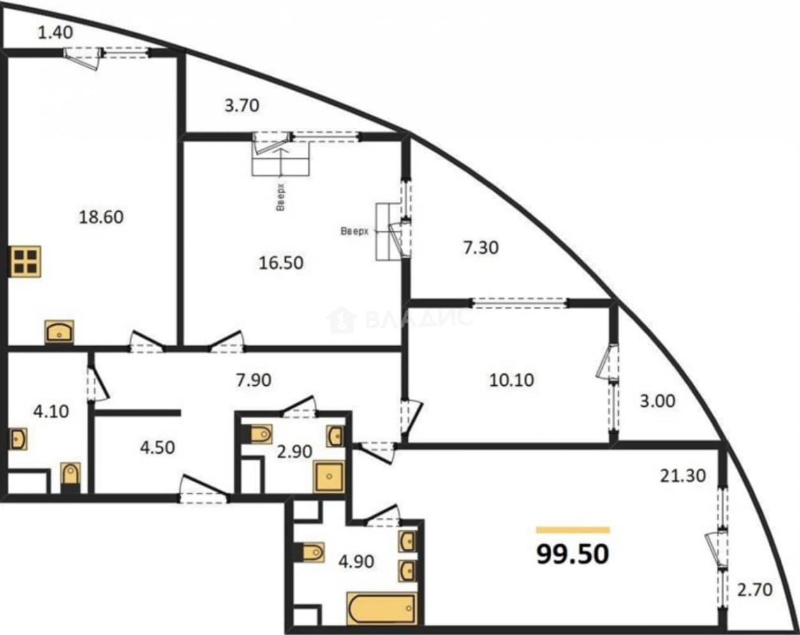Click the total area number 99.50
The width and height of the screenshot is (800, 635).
click(x=572, y=555)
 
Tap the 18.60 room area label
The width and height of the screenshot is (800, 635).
click(x=101, y=217)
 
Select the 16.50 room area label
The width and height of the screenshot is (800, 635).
click(x=281, y=263)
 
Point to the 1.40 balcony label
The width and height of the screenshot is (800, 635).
click(x=56, y=33)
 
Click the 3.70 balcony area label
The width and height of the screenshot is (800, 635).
click(x=242, y=106)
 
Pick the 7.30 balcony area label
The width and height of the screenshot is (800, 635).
click(x=481, y=247)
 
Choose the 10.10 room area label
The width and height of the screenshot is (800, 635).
click(x=512, y=380)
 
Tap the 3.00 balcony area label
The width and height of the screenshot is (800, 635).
click(x=657, y=401)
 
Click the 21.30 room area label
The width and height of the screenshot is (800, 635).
click(x=683, y=476)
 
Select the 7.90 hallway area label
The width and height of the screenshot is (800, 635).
click(x=254, y=380)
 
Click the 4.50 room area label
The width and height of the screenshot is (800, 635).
click(x=157, y=448)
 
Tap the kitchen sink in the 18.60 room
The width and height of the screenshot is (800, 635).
click(x=59, y=332)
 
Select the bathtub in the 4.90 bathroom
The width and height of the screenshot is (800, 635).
click(x=381, y=608)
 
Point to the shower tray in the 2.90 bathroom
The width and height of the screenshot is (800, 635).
click(x=329, y=477)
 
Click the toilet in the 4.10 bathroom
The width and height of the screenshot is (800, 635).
click(x=70, y=477)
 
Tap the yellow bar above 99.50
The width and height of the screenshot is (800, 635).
click(x=573, y=530)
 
